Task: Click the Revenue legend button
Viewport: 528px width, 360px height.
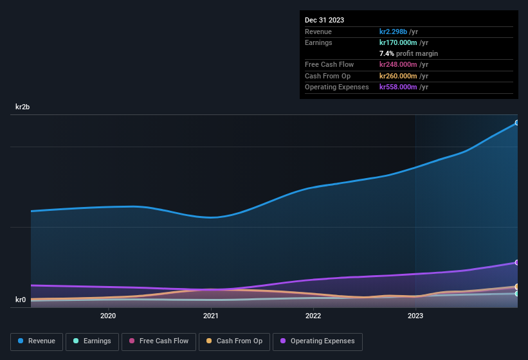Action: tap(37, 341)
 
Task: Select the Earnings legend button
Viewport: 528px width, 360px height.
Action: tap(93, 341)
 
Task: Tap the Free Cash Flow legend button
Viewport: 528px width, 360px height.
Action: tap(158, 341)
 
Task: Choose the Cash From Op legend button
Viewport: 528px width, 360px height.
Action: tap(234, 341)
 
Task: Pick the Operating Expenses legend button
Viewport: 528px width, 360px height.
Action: tap(318, 341)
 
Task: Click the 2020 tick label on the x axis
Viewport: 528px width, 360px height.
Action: tap(108, 316)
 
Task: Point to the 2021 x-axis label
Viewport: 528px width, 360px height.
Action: tap(210, 316)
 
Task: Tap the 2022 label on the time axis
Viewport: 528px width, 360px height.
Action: tap(313, 316)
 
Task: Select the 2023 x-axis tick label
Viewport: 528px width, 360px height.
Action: tap(415, 316)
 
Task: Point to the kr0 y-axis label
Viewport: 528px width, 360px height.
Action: tap(21, 300)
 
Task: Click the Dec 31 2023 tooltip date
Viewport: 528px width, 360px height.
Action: tap(324, 20)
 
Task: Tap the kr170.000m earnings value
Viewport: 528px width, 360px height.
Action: tap(403, 42)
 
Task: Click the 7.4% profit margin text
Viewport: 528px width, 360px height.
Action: tap(408, 53)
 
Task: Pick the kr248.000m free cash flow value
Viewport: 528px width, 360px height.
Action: tap(403, 64)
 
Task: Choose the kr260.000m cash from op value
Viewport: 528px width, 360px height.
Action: tap(403, 76)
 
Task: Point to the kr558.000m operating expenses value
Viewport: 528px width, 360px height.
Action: tap(403, 87)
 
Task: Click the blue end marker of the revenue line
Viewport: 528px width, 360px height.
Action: tap(516, 123)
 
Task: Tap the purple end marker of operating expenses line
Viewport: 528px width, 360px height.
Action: tap(516, 262)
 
